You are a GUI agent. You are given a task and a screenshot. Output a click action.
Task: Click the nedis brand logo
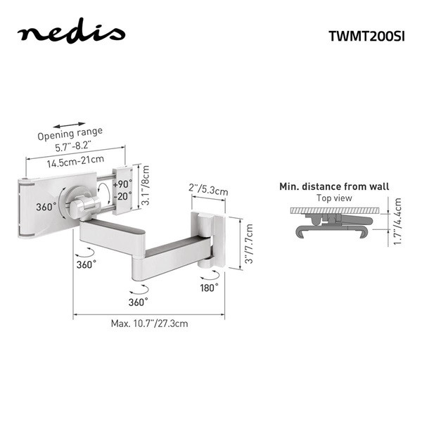pos(71,31)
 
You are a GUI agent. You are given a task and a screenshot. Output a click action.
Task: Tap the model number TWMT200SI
pos(366,36)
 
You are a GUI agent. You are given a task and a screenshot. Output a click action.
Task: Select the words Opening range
pos(70,134)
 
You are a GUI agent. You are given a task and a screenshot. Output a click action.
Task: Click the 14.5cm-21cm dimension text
pos(76,162)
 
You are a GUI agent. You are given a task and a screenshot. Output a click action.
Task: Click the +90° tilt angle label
pos(122,184)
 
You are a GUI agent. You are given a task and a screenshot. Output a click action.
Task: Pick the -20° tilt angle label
pos(122,196)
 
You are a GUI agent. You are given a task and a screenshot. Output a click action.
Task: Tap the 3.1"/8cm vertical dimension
pos(146,186)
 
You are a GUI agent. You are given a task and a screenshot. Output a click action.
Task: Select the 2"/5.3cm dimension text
pos(208,189)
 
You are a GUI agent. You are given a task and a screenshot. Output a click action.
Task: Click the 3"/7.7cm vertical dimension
pos(249,244)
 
